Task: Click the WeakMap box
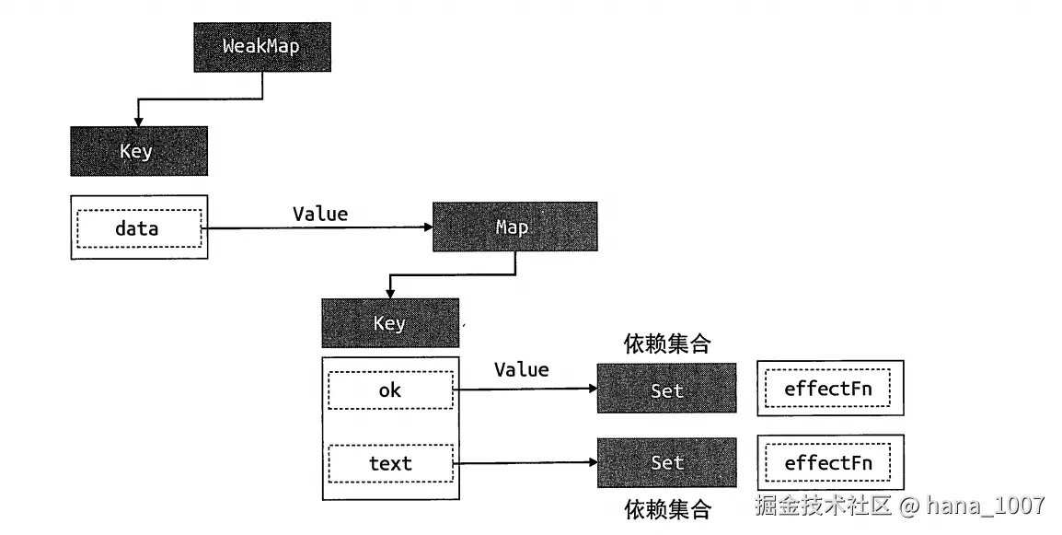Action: [x=261, y=45]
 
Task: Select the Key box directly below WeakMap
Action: [x=138, y=151]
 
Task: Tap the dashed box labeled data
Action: [x=138, y=228]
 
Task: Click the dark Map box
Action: [x=514, y=227]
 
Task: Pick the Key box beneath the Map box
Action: [x=389, y=323]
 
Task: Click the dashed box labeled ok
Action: [x=390, y=390]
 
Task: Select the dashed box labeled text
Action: [x=390, y=463]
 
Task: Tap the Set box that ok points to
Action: [x=666, y=389]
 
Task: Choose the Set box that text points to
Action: [x=666, y=462]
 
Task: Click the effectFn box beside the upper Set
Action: [x=828, y=389]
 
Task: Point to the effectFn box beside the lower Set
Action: [x=828, y=462]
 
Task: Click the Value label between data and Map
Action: [x=320, y=215]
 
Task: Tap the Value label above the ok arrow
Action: [x=521, y=370]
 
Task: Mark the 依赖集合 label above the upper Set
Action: [x=667, y=344]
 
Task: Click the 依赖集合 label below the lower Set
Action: [x=667, y=509]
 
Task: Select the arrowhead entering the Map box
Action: [x=426, y=228]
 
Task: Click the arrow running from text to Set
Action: [x=525, y=463]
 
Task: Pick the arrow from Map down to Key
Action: [x=451, y=274]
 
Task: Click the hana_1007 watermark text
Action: [x=985, y=506]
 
